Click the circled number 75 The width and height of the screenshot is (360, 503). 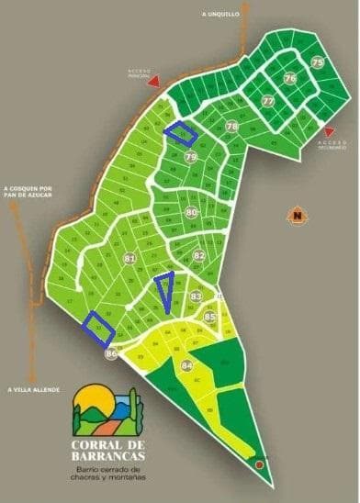pyautogui.click(x=318, y=62)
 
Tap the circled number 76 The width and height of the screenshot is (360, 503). pyautogui.click(x=291, y=79)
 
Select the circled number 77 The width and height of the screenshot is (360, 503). pyautogui.click(x=268, y=101)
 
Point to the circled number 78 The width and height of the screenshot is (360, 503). pyautogui.click(x=232, y=127)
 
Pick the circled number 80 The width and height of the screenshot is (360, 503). pyautogui.click(x=191, y=213)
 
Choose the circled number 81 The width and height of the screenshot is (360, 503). pyautogui.click(x=129, y=260)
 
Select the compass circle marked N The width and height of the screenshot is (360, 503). pyautogui.click(x=297, y=217)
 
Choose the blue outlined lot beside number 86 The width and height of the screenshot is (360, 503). pyautogui.click(x=98, y=326)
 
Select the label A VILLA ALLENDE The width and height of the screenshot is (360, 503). pyautogui.click(x=30, y=389)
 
